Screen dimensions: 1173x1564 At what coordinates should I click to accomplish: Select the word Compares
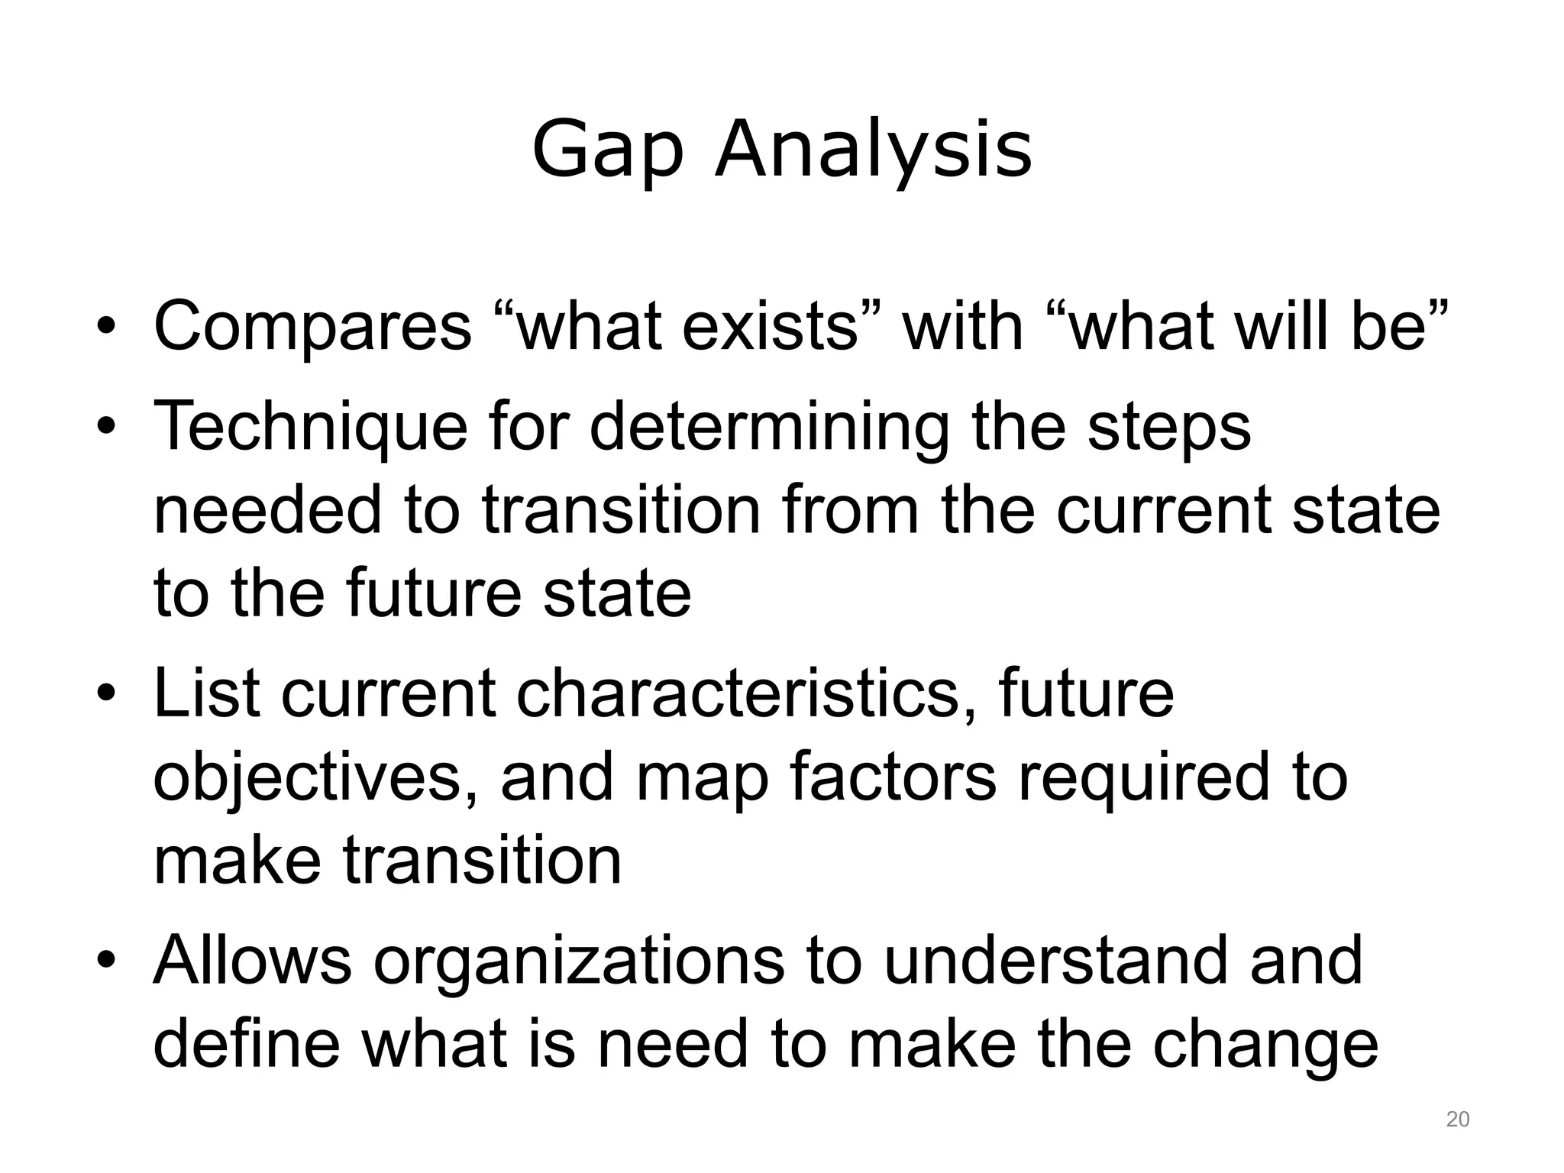coord(312,327)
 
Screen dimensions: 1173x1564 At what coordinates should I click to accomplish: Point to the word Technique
coord(310,428)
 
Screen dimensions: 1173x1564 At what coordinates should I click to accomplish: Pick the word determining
coord(769,428)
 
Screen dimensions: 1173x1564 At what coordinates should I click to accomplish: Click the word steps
coord(1169,428)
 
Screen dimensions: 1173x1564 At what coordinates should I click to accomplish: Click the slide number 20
coord(1458,1120)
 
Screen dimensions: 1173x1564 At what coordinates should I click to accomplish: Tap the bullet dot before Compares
coord(106,330)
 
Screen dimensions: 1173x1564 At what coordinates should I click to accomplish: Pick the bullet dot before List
coord(106,696)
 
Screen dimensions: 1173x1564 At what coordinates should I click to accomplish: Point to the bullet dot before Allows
coord(106,961)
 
